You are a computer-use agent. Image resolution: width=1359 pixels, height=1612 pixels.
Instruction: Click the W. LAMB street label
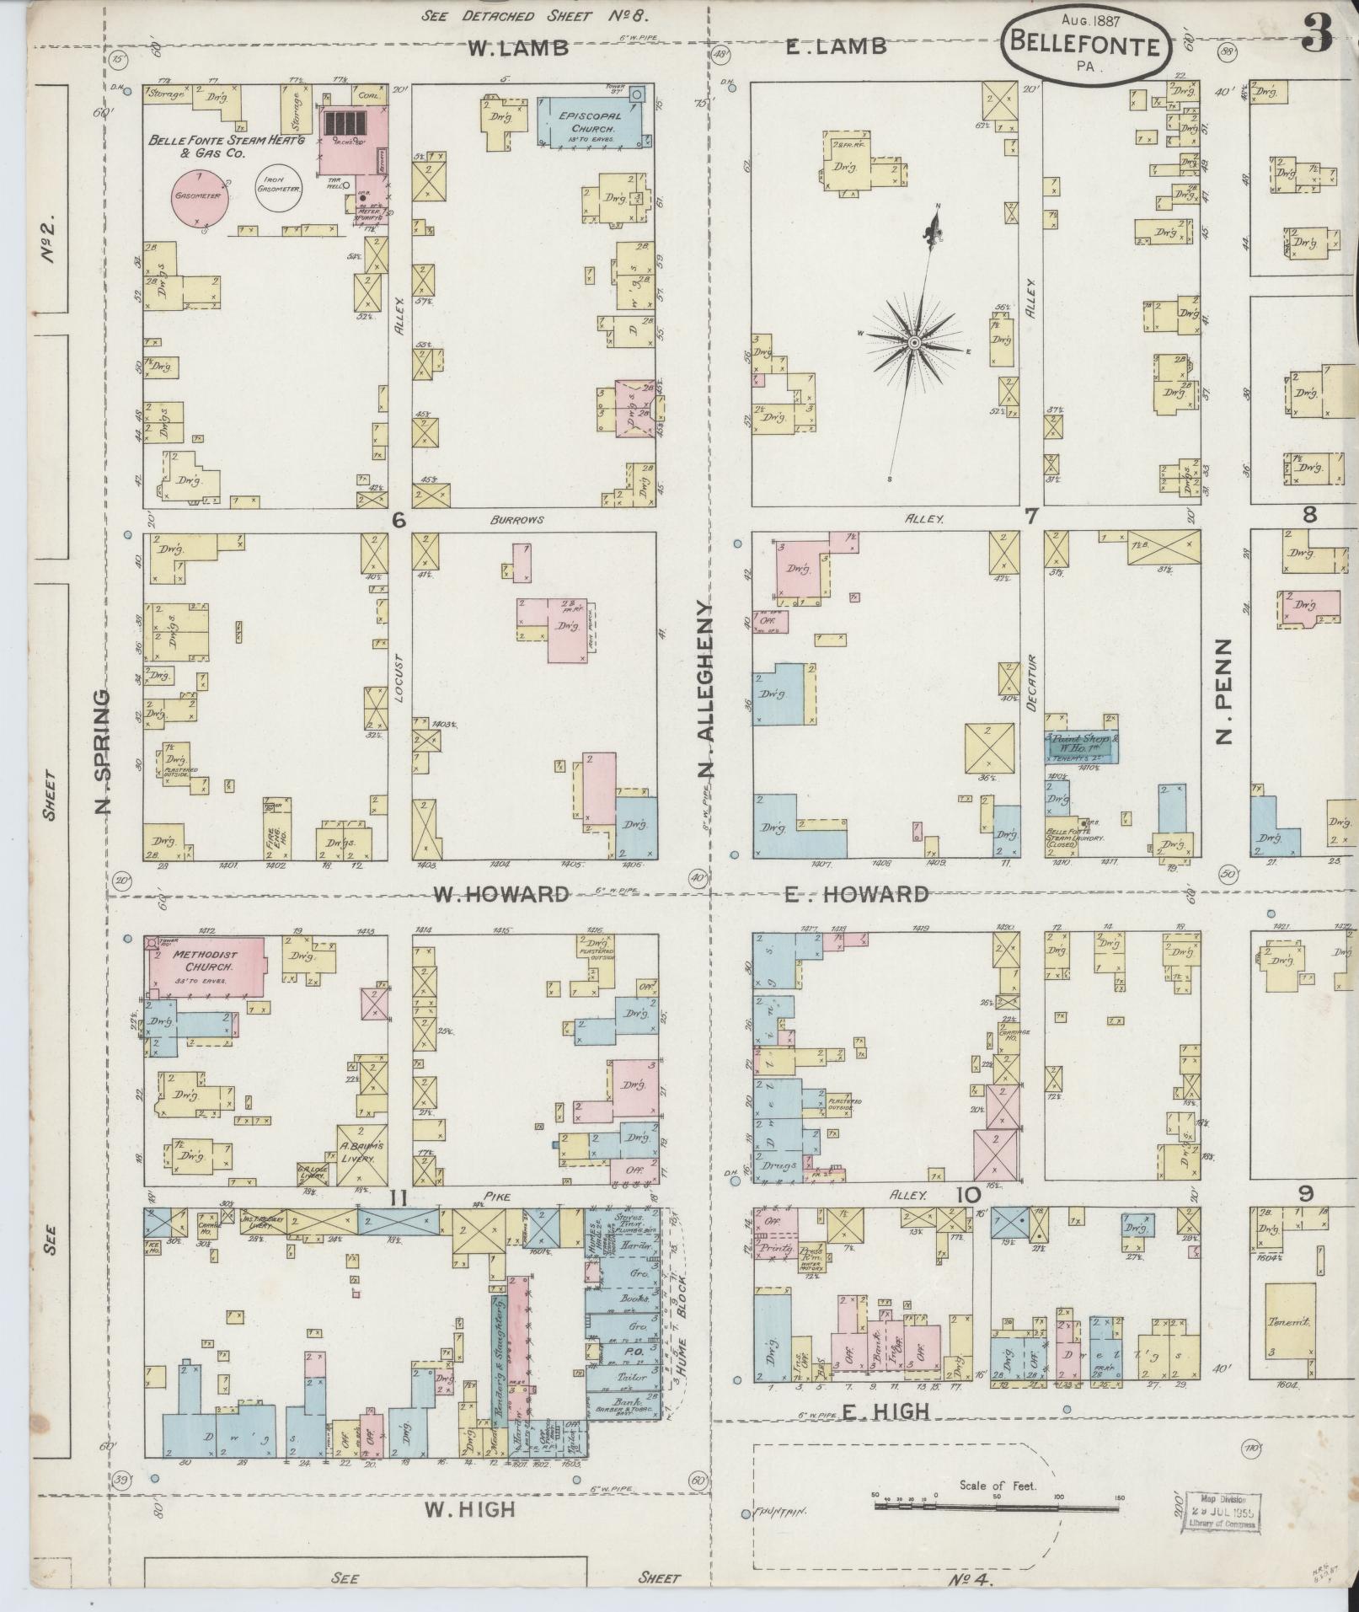518,48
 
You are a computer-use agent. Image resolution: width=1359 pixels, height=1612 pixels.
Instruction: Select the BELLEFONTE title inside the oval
1085,46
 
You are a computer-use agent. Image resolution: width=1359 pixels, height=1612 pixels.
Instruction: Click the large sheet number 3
1317,34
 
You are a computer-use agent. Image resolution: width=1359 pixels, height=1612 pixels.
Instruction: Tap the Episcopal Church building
589,120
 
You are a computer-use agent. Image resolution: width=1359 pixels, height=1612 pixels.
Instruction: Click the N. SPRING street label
103,752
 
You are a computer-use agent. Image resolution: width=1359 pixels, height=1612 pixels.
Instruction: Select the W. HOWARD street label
500,893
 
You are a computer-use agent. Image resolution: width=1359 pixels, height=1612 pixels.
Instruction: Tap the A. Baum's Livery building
362,1153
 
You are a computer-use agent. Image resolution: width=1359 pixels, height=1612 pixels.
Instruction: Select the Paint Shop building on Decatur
1083,745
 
